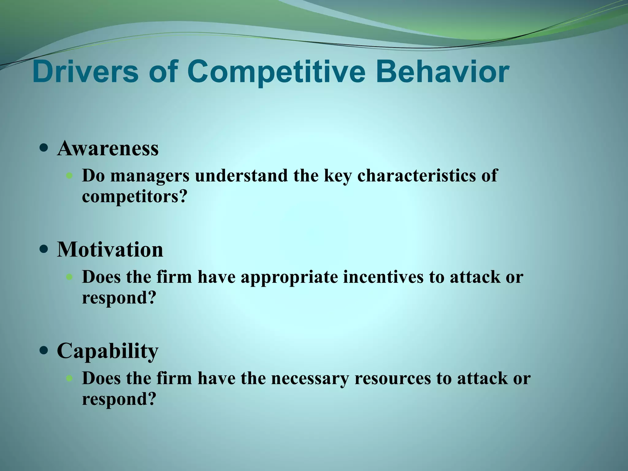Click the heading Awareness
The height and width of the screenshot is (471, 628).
pos(108,148)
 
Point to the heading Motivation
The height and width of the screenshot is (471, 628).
pos(110,249)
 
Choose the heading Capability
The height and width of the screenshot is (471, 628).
pos(108,350)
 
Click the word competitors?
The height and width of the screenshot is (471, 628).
pos(134,196)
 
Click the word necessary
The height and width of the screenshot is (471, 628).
pos(310,378)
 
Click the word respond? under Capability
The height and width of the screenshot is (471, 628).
pos(119,399)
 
